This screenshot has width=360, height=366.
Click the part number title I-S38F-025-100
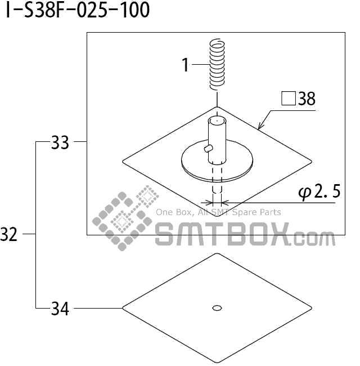click(78, 10)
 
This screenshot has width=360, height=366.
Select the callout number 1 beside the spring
click(186, 65)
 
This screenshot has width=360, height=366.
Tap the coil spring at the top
click(217, 64)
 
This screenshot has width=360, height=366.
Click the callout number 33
click(60, 143)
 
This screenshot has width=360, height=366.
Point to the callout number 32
click(10, 234)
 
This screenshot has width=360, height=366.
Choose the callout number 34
click(60, 309)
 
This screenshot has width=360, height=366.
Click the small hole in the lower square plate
click(217, 307)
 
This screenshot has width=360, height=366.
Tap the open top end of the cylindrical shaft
click(217, 120)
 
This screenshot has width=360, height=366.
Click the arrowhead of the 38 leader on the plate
click(260, 127)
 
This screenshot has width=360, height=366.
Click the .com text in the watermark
click(314, 239)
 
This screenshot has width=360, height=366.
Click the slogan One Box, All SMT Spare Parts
click(218, 212)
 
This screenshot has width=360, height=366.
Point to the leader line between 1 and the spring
click(201, 65)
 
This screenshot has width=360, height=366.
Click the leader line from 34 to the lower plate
click(98, 308)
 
